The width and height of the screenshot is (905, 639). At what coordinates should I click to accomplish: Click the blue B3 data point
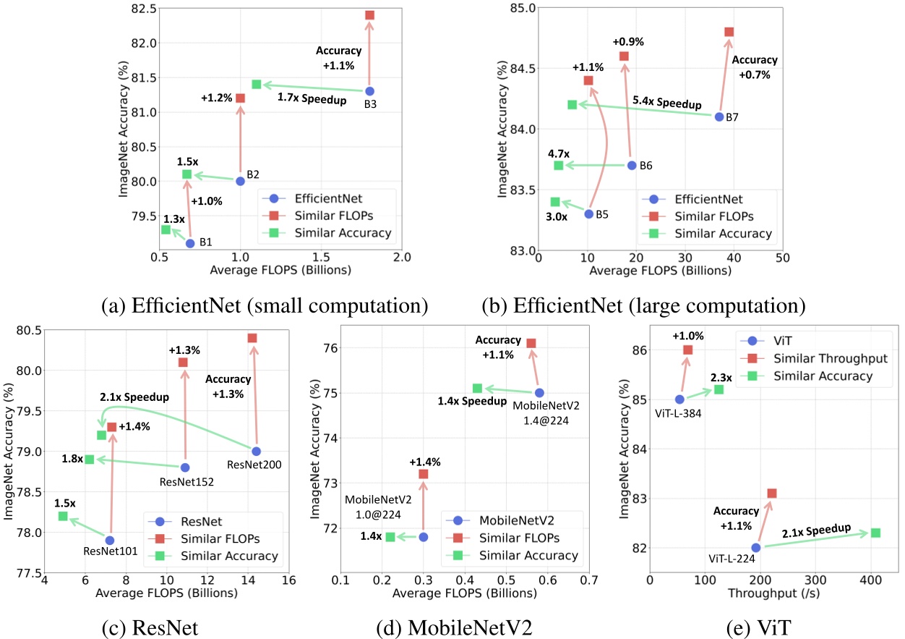click(x=369, y=91)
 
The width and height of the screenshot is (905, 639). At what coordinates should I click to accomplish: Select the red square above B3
click(x=369, y=15)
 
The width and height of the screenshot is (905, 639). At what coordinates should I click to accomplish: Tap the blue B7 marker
click(x=719, y=117)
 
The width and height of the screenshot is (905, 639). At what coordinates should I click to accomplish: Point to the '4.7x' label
click(x=559, y=154)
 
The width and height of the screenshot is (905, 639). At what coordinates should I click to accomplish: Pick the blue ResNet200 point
click(x=256, y=452)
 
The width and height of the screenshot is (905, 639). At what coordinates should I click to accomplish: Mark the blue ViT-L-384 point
click(x=679, y=399)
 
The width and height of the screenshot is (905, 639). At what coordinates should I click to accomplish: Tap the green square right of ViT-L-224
click(x=875, y=533)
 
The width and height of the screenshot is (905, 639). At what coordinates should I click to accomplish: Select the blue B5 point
click(x=588, y=213)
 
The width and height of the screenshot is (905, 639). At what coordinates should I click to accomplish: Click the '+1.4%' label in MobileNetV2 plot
click(x=424, y=462)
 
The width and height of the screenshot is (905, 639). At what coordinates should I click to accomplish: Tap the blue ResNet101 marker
click(x=110, y=540)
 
